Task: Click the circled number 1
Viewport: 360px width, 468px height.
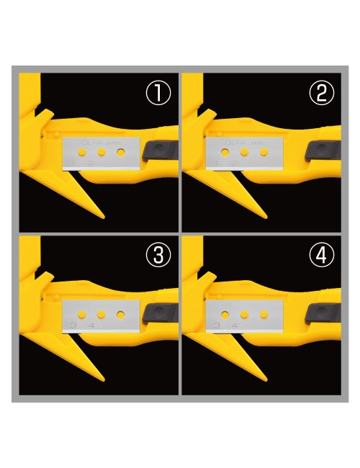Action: click(x=158, y=93)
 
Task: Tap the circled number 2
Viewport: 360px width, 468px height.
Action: click(x=320, y=93)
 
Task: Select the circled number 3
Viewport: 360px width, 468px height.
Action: click(x=158, y=255)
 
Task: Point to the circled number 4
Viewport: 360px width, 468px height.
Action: click(x=320, y=255)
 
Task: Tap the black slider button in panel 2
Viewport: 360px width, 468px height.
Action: click(x=323, y=150)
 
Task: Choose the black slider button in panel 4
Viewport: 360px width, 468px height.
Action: click(x=323, y=313)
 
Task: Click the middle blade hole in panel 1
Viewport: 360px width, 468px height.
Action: click(x=104, y=153)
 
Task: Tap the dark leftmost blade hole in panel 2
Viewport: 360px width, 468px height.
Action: click(x=225, y=153)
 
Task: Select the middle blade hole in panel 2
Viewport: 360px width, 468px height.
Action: click(x=246, y=153)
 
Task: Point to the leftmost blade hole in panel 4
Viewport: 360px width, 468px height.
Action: click(x=225, y=315)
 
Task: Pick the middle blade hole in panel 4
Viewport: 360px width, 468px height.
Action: click(x=246, y=315)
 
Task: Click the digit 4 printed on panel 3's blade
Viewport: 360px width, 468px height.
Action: click(x=90, y=328)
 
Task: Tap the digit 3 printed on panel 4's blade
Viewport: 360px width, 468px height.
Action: click(x=217, y=328)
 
